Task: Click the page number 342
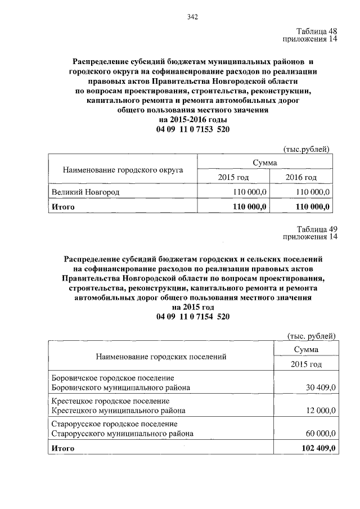[193, 16]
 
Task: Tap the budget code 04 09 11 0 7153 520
[193, 129]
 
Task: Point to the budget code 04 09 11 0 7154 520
[193, 317]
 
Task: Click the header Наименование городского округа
[123, 169]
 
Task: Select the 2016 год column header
[302, 177]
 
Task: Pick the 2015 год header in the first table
[233, 177]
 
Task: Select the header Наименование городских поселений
[161, 357]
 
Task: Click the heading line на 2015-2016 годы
[193, 120]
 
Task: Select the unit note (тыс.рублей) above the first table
[305, 148]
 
